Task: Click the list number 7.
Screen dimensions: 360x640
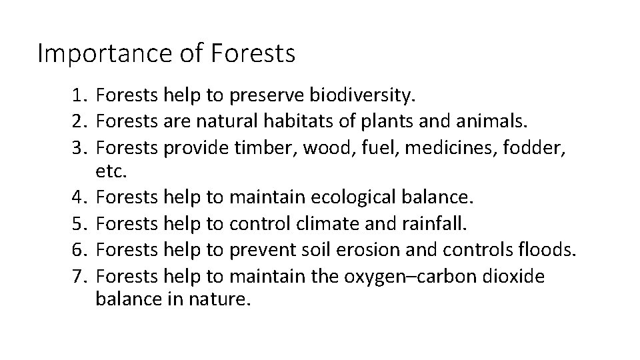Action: (80, 275)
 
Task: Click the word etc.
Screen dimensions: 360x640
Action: (110, 172)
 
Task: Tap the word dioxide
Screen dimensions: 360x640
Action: (513, 275)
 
